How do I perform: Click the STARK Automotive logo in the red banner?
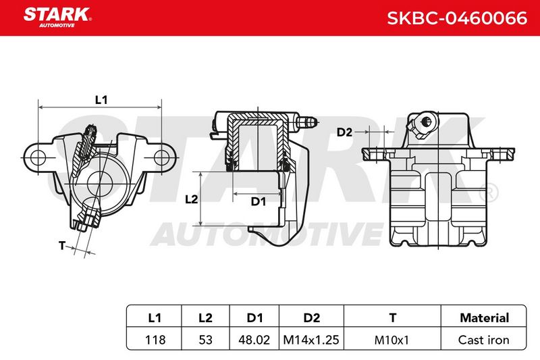coord(57,18)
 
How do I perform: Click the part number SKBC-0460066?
coord(457,18)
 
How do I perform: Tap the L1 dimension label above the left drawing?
coord(101,100)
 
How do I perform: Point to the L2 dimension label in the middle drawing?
coord(192,199)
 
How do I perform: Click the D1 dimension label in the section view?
coord(259,201)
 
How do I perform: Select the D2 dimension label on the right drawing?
coord(344,132)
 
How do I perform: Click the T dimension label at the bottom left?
coord(62,246)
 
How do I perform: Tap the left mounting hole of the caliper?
coord(38,158)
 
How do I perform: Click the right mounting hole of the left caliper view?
coord(161,158)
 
